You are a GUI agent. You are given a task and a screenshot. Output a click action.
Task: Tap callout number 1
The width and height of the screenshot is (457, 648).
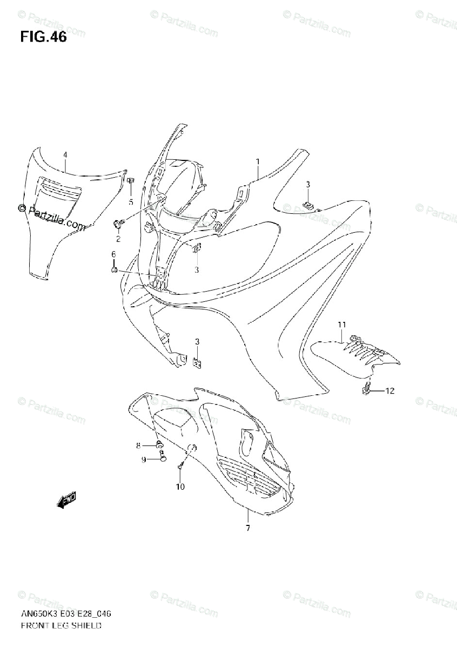(258, 161)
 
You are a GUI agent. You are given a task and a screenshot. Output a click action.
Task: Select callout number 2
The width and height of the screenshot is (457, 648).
(118, 239)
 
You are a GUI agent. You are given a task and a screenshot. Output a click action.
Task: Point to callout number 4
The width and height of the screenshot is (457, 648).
(65, 155)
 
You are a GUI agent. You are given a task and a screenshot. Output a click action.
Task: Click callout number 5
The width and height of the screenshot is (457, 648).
(130, 202)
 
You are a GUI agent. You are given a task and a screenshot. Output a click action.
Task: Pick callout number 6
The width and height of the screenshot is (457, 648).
(113, 254)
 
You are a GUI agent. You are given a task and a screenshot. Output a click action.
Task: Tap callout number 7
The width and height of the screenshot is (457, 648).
(247, 528)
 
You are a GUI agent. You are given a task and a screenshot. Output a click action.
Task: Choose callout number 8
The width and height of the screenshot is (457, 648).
(138, 445)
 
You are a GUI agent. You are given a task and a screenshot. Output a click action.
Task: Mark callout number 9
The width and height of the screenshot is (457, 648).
(143, 459)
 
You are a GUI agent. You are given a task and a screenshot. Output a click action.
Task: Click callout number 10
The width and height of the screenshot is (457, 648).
(180, 487)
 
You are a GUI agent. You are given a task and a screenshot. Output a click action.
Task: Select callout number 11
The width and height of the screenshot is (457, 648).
(341, 324)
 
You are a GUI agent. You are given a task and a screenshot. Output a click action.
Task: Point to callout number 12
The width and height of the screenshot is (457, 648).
(389, 390)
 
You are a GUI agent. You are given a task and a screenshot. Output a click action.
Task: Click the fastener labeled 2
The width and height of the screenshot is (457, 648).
(117, 223)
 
